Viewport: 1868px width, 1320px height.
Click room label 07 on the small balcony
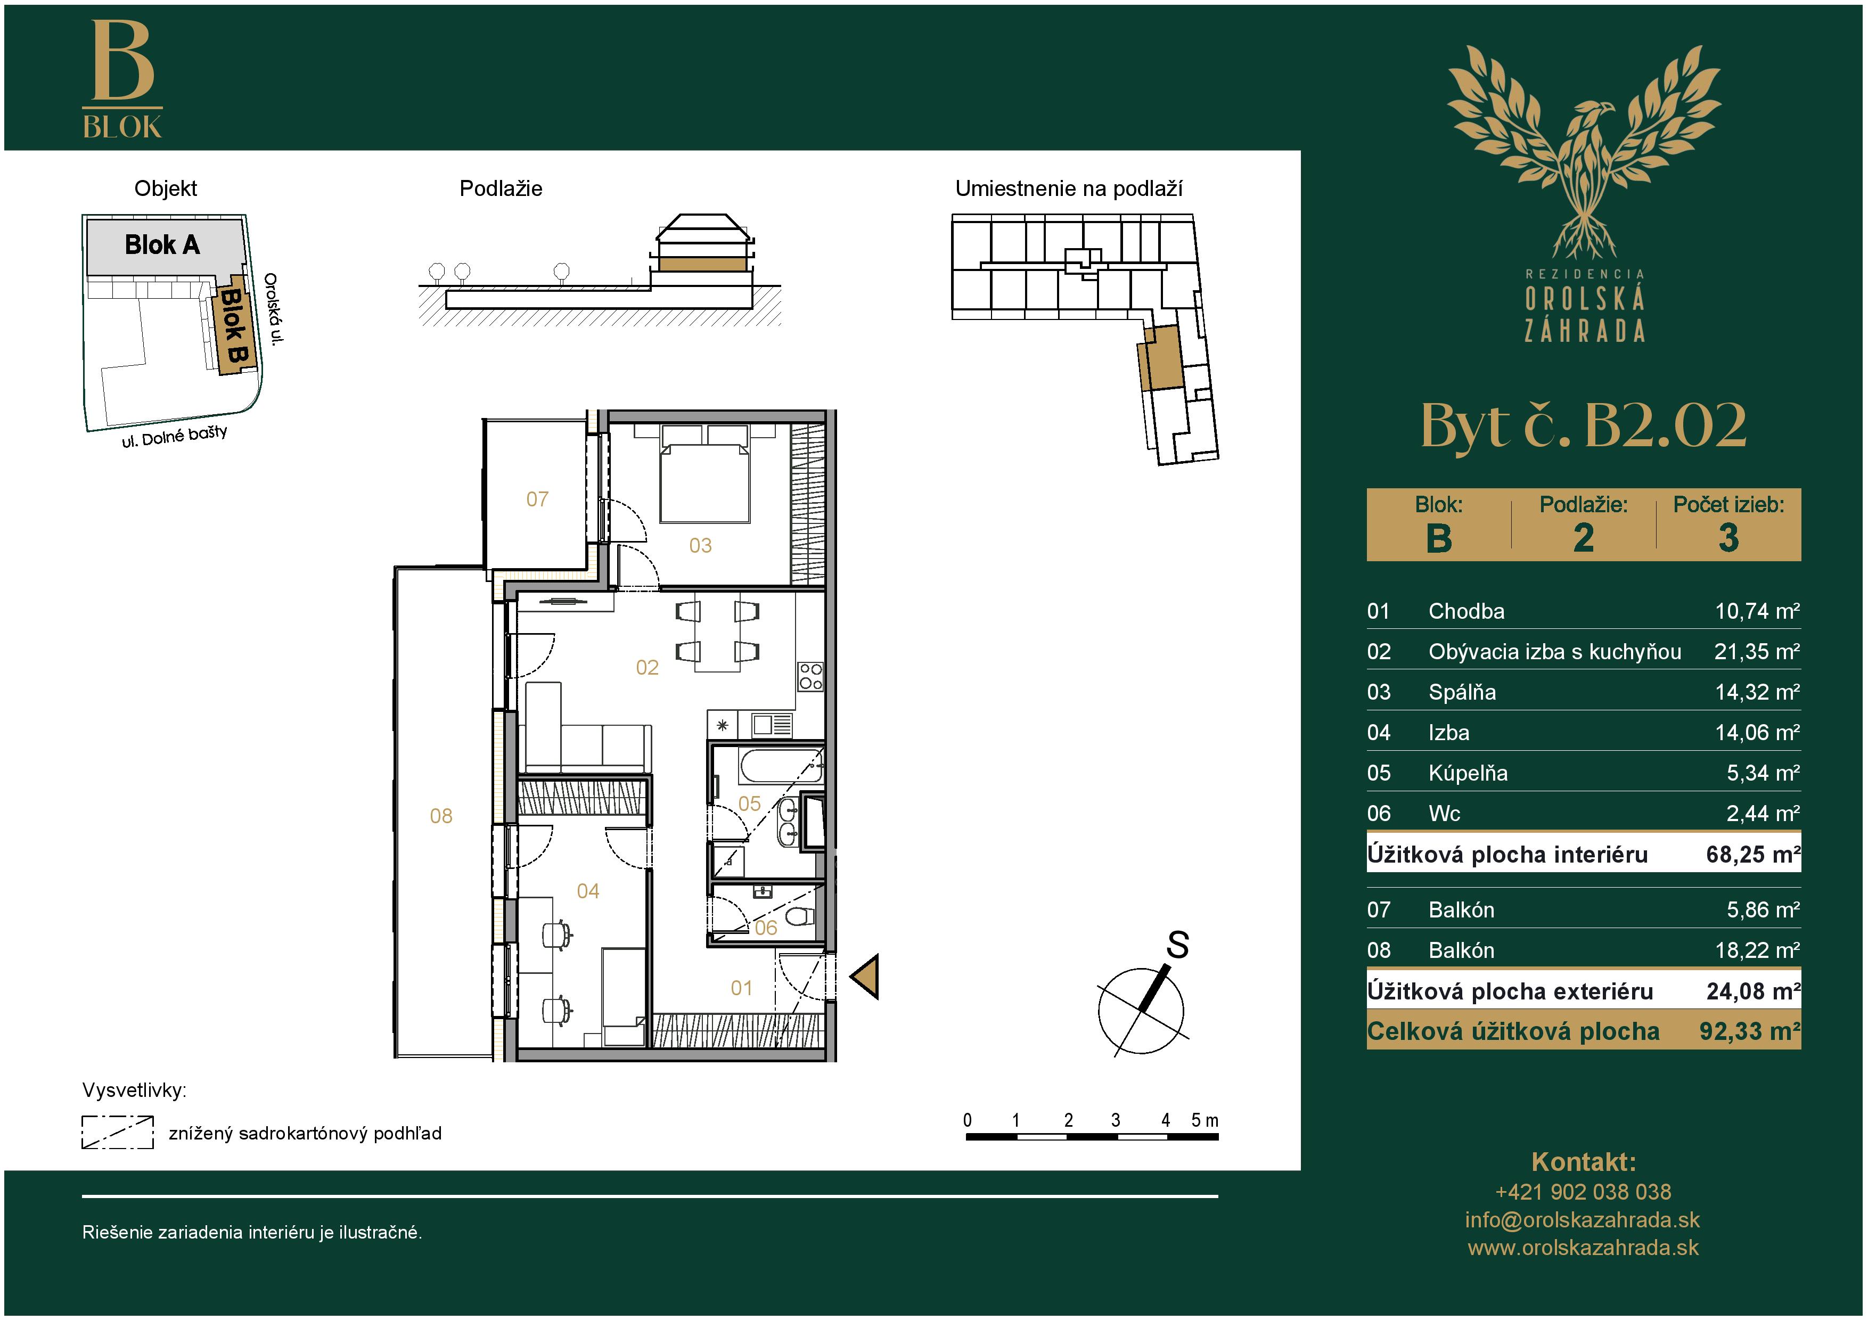tap(537, 498)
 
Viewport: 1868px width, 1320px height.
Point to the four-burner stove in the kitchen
tap(810, 677)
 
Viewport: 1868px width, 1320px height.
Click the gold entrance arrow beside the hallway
tap(866, 976)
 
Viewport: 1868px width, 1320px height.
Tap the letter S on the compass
tap(1177, 945)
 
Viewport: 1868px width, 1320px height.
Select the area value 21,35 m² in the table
tap(1757, 651)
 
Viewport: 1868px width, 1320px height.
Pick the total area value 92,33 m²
tap(1749, 1031)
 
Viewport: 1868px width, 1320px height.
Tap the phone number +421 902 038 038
tap(1583, 1192)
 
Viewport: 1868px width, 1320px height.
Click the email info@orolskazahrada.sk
tap(1583, 1220)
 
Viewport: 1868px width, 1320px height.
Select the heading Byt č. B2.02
tap(1583, 425)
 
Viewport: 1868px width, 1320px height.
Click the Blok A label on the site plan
tap(162, 245)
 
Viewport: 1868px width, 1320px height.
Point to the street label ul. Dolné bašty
tap(174, 437)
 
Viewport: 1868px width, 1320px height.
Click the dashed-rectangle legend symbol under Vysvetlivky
tap(118, 1132)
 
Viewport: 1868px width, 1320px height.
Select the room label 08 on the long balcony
tap(441, 816)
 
